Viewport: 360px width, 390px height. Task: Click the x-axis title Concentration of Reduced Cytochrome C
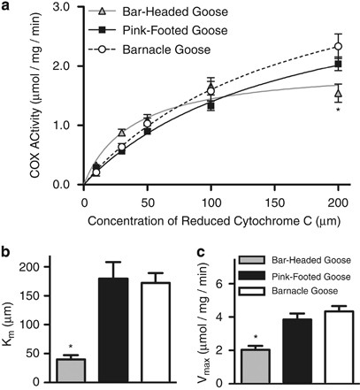point(195,218)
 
